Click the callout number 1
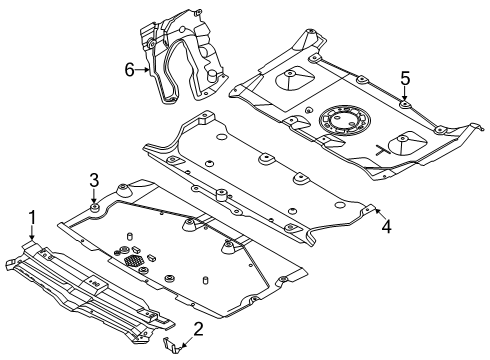coord(32,217)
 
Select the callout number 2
coord(198,329)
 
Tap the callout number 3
coord(94,180)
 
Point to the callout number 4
coord(386,227)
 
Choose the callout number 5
coord(405,79)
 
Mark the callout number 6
coord(130,70)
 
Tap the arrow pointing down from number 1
coord(32,232)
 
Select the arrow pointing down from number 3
coord(94,196)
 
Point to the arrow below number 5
coord(405,93)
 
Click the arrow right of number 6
coord(142,70)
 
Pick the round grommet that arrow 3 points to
coord(94,208)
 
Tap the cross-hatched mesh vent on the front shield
coord(134,260)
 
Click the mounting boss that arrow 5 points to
coord(405,105)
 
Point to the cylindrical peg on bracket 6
coord(212,75)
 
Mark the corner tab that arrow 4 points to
coord(369,208)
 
